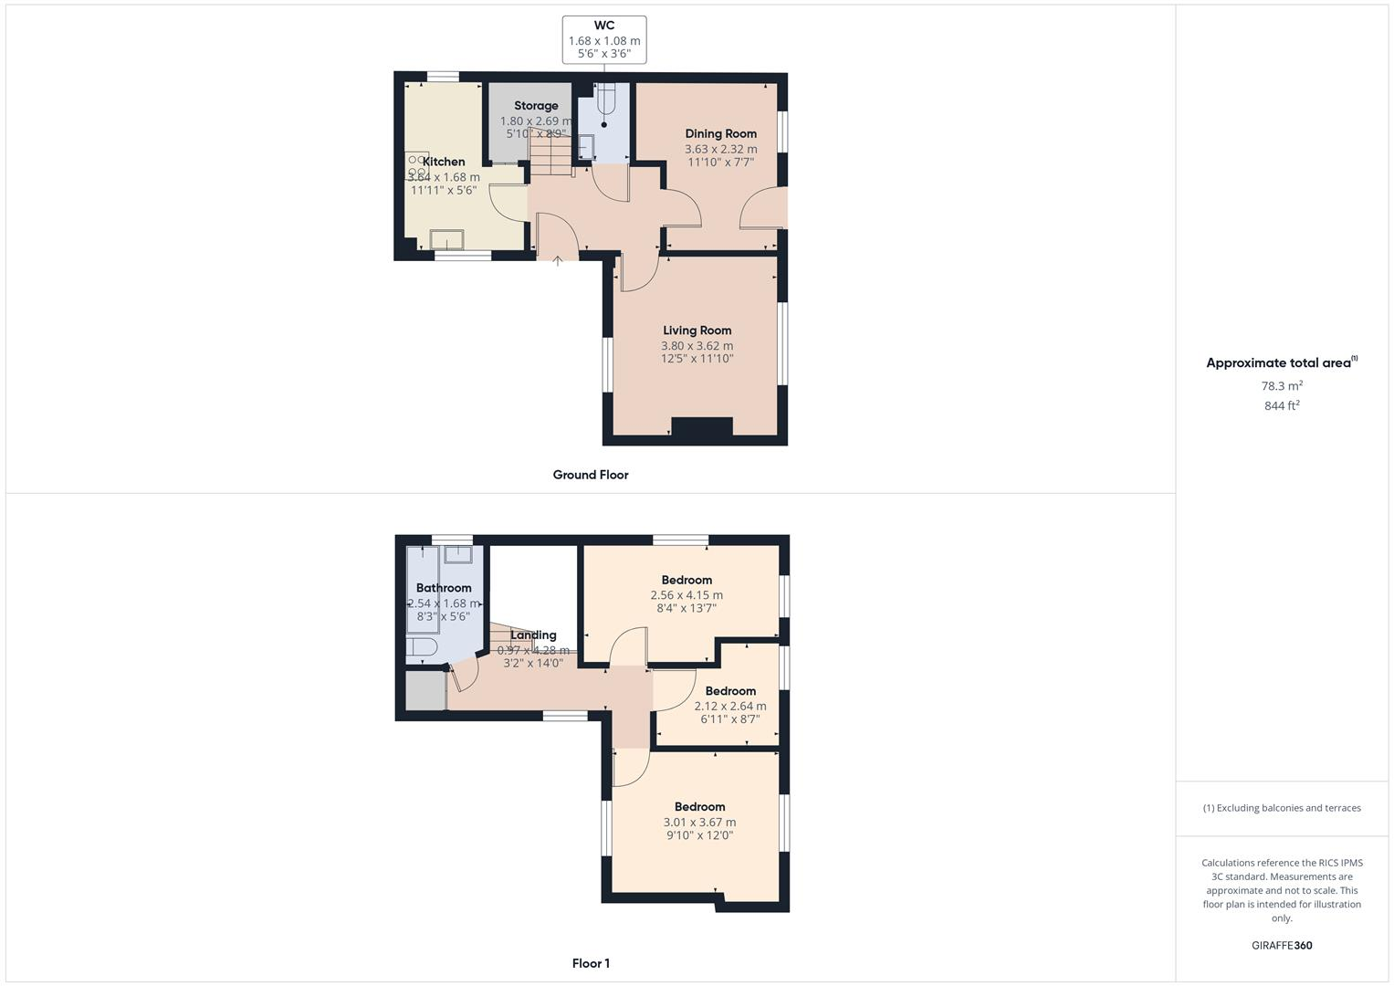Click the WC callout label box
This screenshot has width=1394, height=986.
604,40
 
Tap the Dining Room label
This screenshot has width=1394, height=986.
720,133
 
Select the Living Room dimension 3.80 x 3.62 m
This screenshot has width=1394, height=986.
697,346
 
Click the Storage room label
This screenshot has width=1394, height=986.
536,106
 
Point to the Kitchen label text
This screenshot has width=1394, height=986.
444,162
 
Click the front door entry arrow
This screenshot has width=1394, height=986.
558,261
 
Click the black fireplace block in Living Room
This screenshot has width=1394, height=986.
702,426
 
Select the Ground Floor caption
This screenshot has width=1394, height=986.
591,475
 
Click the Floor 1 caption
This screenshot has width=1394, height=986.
591,963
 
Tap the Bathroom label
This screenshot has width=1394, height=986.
444,588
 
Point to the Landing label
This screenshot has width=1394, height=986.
533,635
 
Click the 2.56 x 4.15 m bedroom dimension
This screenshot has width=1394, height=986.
687,595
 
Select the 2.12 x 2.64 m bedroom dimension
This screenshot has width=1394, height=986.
730,706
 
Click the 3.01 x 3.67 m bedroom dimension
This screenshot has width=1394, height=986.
699,823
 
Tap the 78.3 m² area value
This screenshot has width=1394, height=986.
1282,386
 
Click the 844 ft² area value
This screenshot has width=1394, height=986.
1282,406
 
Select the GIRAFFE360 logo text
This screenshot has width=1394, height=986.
1282,946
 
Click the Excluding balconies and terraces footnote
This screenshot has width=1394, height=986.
1282,808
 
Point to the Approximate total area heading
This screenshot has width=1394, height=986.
1281,363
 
